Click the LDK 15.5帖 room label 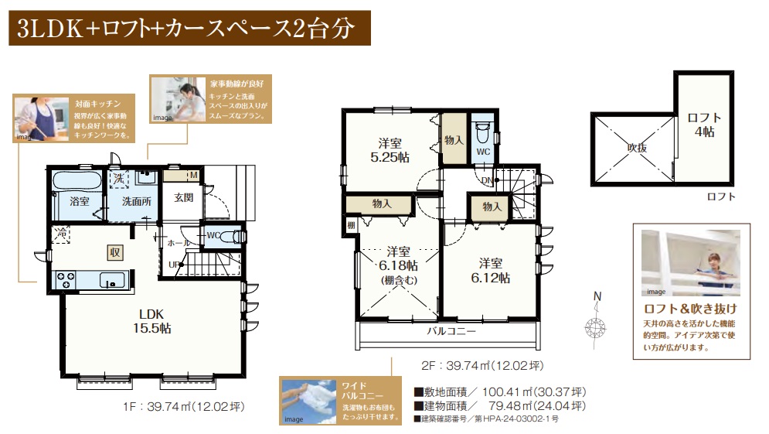coord(152,321)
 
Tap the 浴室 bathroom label coord(80,201)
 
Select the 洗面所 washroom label coord(136,201)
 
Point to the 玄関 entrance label coord(183,198)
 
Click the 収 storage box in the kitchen coord(114,252)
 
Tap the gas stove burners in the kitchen coord(66,280)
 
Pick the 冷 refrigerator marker coord(61,234)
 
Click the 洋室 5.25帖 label coord(390,150)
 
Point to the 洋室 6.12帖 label coord(491,271)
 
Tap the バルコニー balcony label coord(451,331)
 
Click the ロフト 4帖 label coord(704,125)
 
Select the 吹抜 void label coord(637,147)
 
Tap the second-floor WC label coord(483,152)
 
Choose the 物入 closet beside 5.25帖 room coord(454,140)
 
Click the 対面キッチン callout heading coord(97,104)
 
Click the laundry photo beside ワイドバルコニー coord(308,401)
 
